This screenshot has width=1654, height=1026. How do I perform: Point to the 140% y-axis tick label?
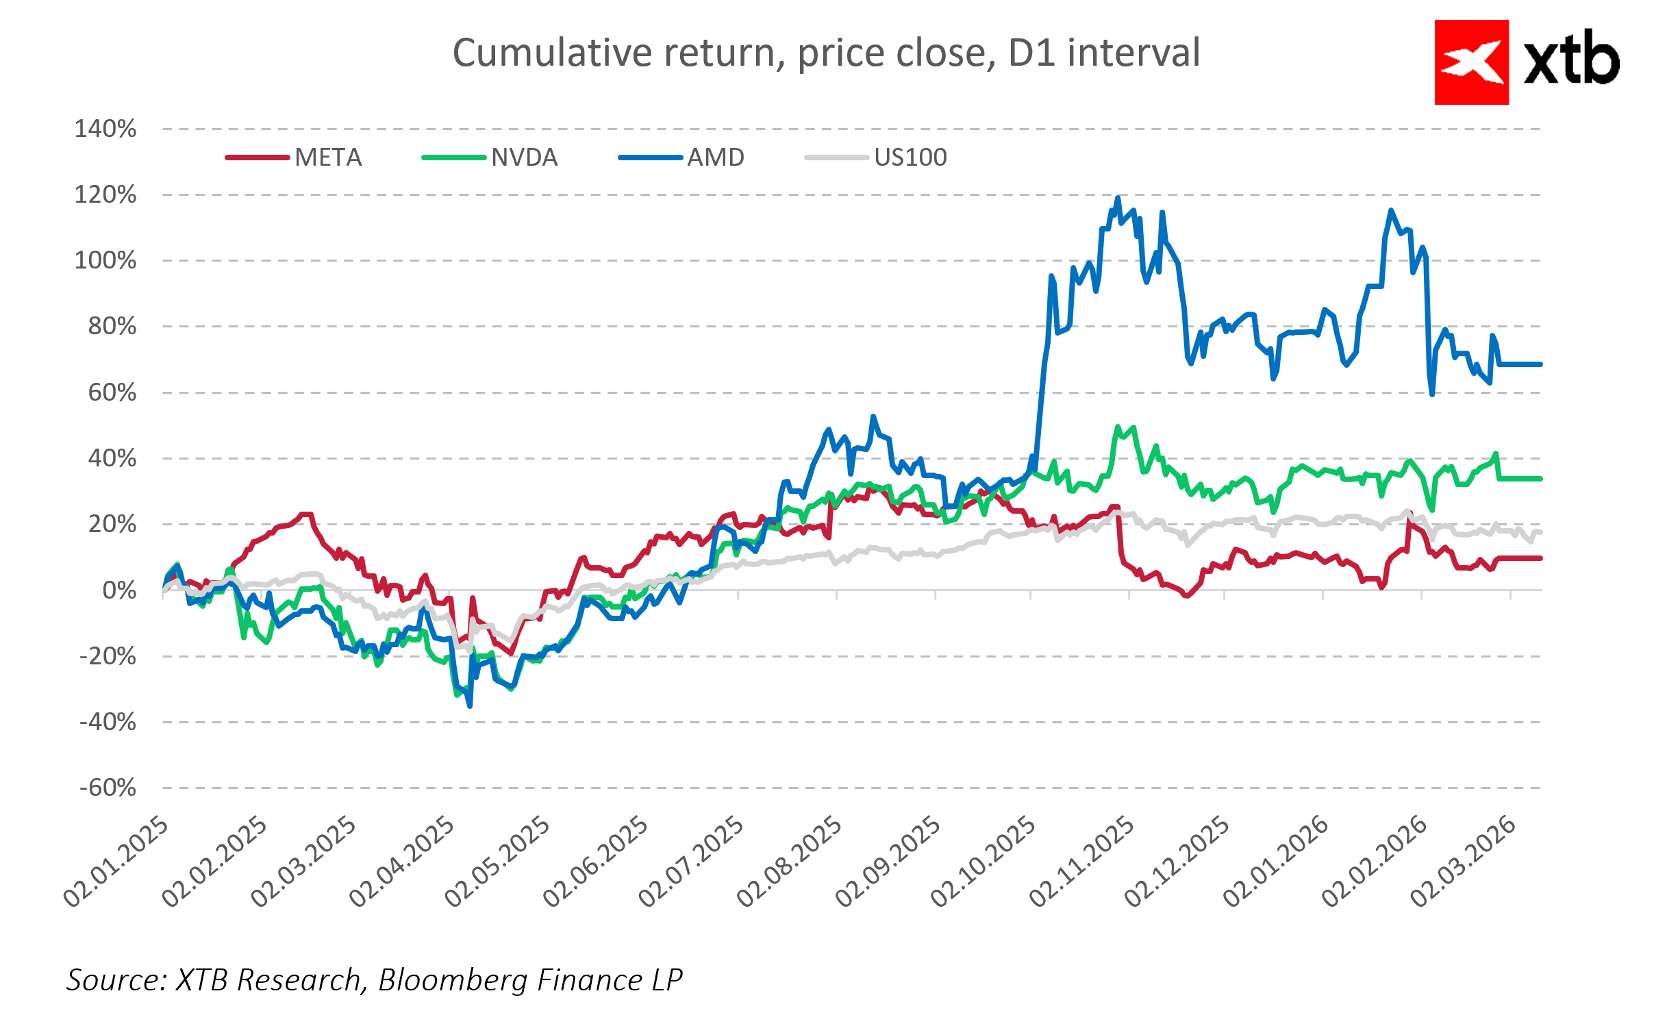tap(105, 129)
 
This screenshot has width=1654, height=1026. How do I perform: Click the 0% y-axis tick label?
tap(119, 590)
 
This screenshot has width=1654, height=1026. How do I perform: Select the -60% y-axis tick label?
tap(108, 788)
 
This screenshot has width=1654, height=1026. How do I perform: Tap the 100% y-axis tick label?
tap(105, 260)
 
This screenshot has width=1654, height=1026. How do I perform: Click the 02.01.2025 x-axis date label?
tap(116, 862)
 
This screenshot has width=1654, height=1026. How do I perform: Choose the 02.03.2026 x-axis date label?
tap(1463, 862)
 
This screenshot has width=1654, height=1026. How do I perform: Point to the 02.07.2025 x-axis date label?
tap(691, 862)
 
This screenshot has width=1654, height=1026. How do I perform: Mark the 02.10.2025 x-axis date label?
tap(983, 862)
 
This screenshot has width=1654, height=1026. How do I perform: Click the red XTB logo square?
tap(1471, 62)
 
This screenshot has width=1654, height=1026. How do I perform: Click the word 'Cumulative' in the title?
tap(552, 53)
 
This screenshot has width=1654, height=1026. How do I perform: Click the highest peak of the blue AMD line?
tap(1118, 198)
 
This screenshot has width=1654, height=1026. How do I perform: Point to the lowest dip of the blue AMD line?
tap(470, 705)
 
